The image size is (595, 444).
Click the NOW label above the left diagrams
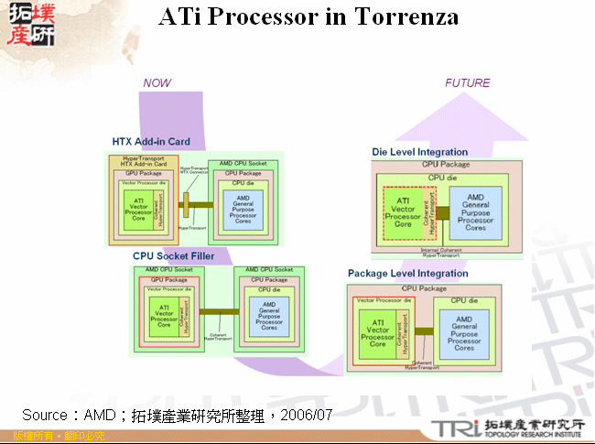coord(157,83)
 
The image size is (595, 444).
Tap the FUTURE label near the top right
coord(467,83)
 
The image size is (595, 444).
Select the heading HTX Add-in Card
coord(151,142)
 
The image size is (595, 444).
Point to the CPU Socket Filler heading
coord(174,256)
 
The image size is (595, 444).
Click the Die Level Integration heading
coord(419,152)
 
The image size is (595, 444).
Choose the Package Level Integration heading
coord(407,274)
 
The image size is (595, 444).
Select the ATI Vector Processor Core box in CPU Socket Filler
coord(164,316)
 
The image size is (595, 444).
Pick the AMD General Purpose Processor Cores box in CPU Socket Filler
coord(269,315)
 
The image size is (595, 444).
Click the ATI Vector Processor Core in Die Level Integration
coord(402,212)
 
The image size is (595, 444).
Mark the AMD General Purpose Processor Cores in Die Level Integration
coord(475,212)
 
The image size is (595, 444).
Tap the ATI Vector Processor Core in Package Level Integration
coord(377,336)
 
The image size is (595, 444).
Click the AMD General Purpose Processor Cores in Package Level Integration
coord(464,336)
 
